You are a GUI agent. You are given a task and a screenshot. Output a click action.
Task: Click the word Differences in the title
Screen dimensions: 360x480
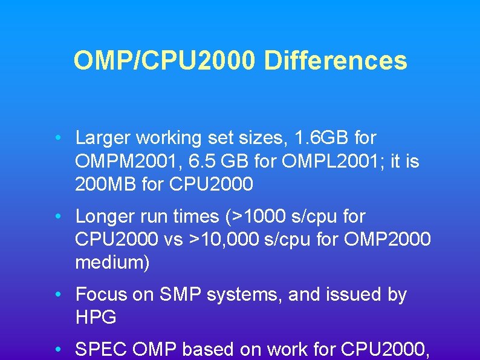tap(336, 61)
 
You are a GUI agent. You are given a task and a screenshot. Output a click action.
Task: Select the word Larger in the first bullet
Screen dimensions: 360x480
tap(103, 139)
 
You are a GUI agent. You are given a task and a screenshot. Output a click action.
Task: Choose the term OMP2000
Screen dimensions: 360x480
tap(386, 240)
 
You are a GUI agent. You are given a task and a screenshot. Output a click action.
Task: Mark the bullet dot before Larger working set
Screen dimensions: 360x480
tap(56, 139)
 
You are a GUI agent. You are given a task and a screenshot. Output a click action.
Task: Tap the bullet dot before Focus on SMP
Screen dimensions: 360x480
tap(56, 295)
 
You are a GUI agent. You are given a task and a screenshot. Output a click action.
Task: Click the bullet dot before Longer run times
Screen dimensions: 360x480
tap(56, 217)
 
